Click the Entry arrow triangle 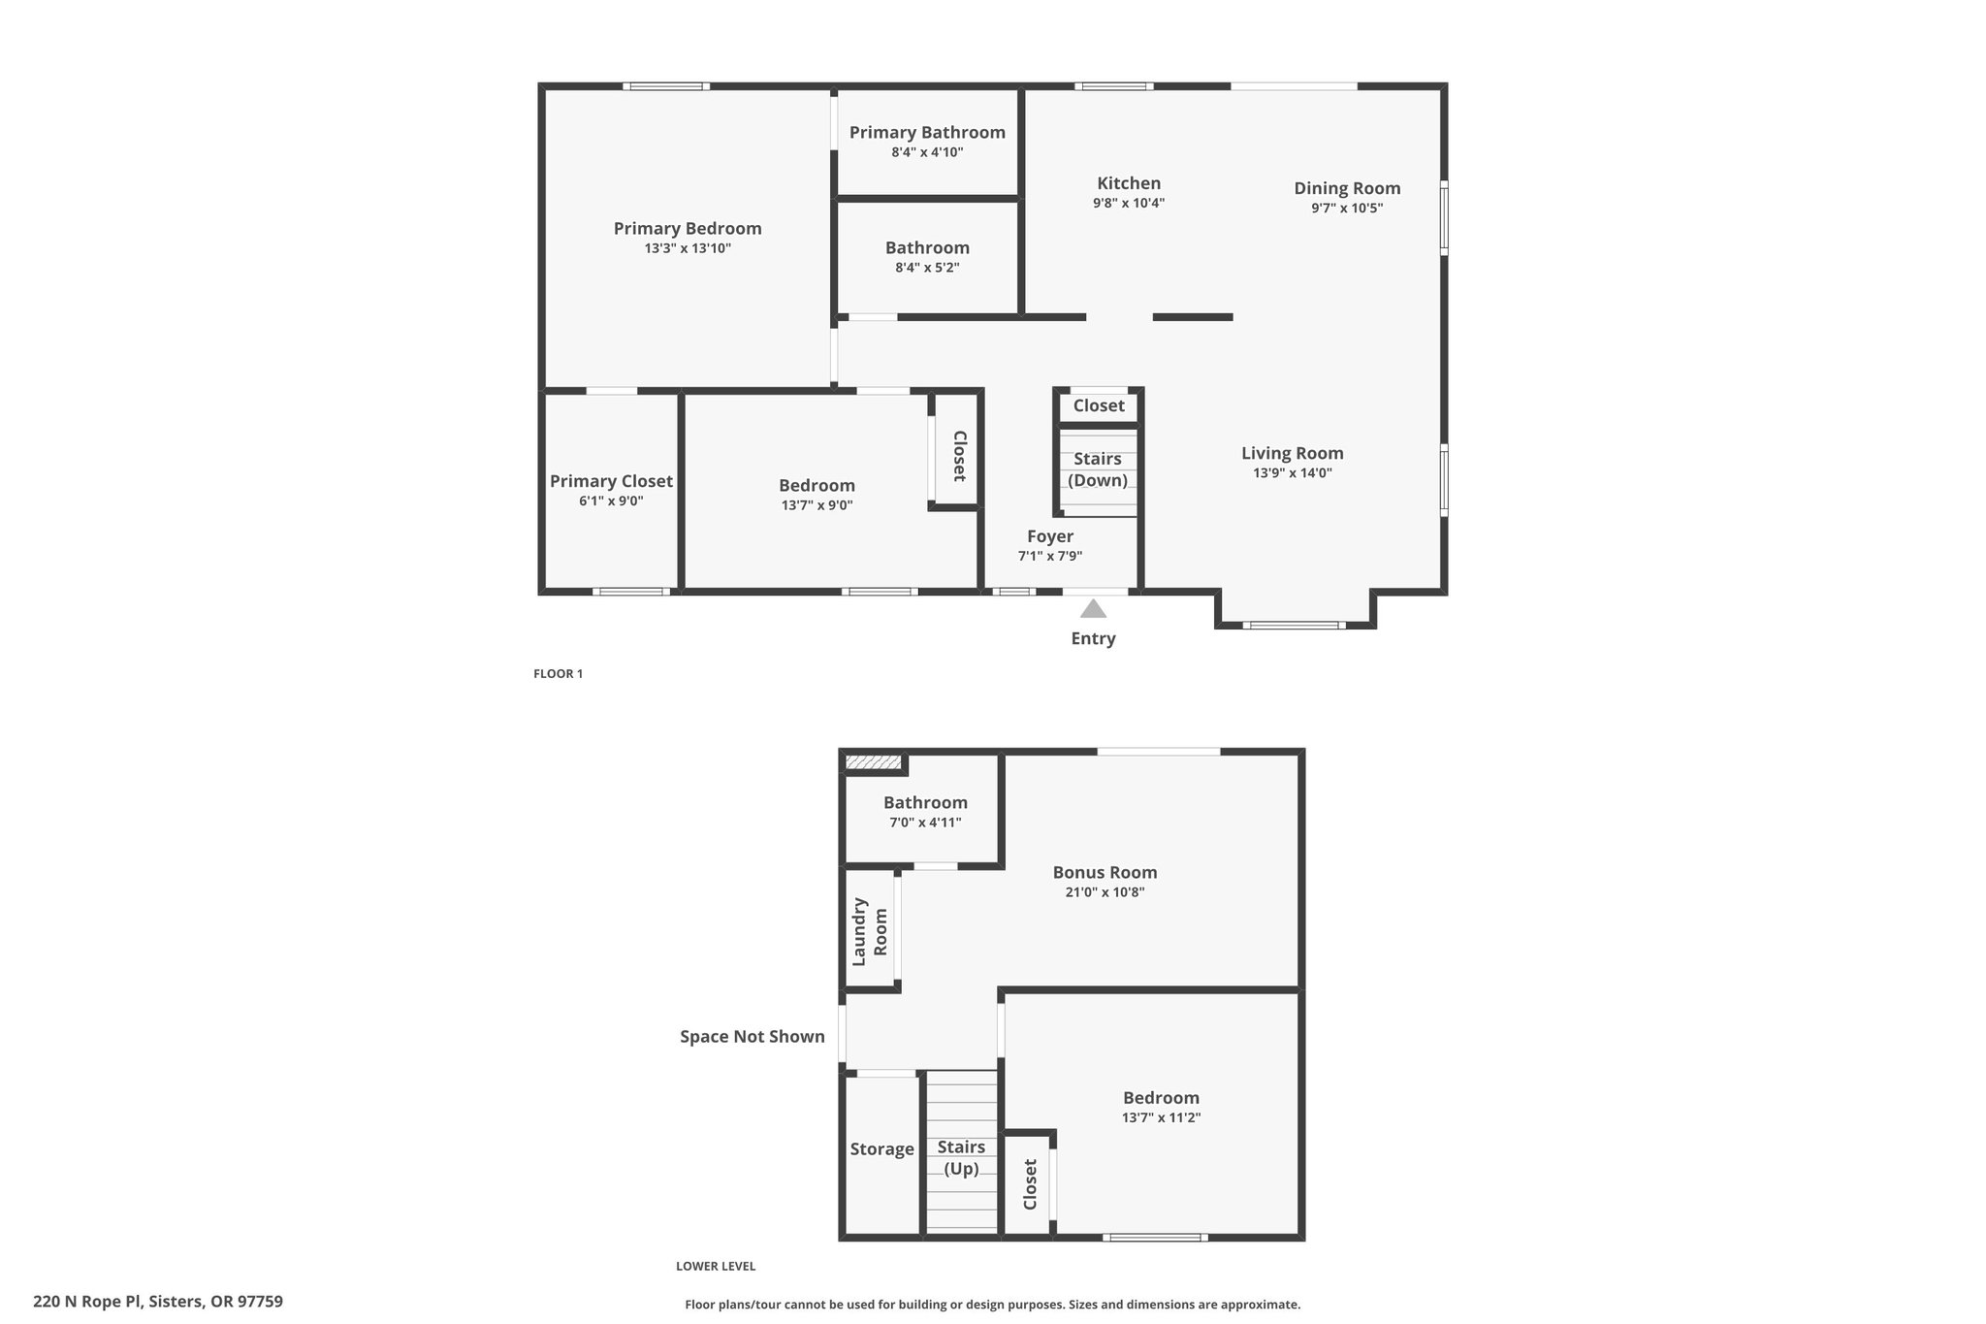point(1093,608)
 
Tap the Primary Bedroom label point(688,229)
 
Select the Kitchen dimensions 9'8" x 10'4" point(1129,204)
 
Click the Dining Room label point(1347,188)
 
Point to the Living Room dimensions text point(1293,473)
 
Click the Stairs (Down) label point(1098,469)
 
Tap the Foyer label point(1050,536)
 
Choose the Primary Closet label point(611,481)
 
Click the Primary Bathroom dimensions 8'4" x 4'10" point(927,152)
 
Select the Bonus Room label point(1105,872)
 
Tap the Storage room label point(881,1149)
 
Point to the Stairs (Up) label point(961,1158)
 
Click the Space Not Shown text point(753,1037)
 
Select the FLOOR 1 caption point(558,674)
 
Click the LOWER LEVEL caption point(716,1266)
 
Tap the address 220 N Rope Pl point(88,1302)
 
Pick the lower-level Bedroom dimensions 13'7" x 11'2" point(1162,1117)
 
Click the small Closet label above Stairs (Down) point(1099,405)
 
